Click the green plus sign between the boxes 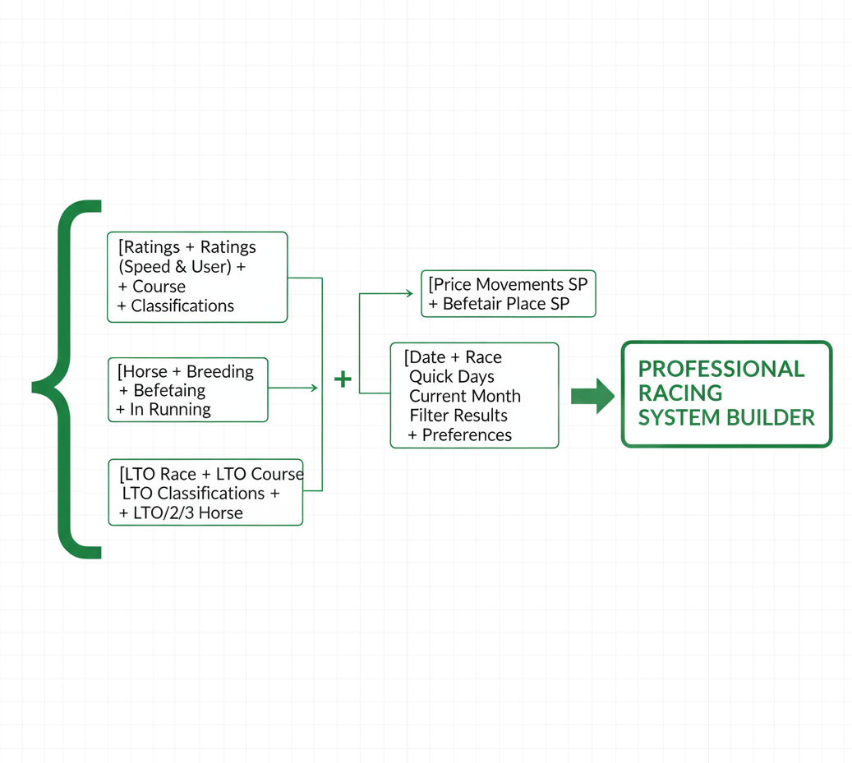(343, 379)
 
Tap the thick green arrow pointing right (592, 396)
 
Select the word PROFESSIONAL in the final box (721, 369)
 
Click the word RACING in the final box (680, 393)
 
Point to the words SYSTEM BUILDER (726, 417)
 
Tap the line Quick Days (452, 377)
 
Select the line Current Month (465, 396)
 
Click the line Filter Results (458, 416)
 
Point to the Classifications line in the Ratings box (182, 306)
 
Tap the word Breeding (219, 371)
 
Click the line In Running (169, 409)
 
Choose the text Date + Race (455, 357)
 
